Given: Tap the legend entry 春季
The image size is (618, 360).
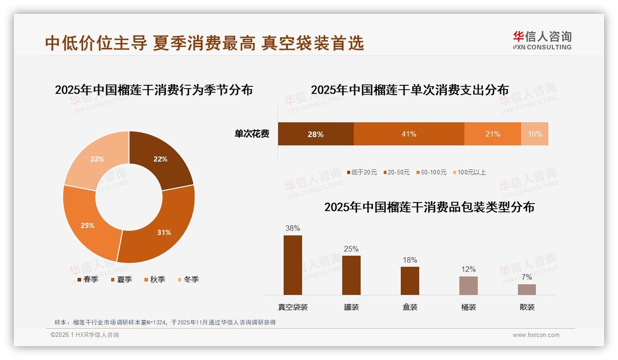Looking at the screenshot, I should [88, 279].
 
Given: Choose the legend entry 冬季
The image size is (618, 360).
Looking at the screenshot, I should [188, 279].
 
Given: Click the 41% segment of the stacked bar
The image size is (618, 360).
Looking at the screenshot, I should [409, 134].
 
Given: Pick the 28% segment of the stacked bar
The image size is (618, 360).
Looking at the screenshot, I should [315, 134].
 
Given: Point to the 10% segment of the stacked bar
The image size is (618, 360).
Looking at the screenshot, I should [535, 134].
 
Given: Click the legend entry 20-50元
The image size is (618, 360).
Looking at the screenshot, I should [396, 172].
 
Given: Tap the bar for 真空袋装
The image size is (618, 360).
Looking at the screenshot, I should [293, 265].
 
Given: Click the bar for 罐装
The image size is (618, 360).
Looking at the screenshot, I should [351, 275].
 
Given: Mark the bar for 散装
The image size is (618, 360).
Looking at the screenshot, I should [527, 289].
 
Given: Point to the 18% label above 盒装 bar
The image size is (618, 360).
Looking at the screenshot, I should [410, 260].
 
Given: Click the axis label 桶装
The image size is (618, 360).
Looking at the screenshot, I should [469, 307].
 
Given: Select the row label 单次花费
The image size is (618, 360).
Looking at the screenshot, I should [252, 134].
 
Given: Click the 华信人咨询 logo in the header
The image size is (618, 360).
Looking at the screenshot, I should [542, 40].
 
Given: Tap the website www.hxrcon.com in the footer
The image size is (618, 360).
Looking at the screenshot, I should [536, 335].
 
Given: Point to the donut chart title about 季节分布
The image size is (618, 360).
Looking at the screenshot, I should [154, 90].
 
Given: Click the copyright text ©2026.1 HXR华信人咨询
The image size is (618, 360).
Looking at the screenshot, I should [85, 335].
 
